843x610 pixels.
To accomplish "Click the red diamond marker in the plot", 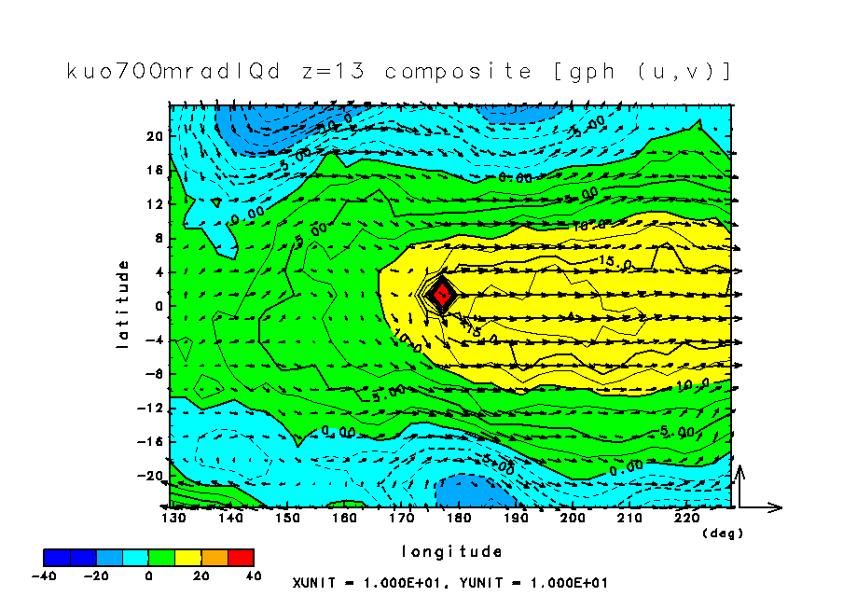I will coord(444,293).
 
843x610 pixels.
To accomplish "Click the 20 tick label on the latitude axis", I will coord(155,136).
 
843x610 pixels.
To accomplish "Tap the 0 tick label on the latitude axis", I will coord(159,306).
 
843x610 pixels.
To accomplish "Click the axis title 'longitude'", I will coord(452,551).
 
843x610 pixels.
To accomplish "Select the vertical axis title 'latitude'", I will coord(122,305).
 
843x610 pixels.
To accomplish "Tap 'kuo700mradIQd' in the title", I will coord(173,72).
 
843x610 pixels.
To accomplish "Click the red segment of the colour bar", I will coord(240,558).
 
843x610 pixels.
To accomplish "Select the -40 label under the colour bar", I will coord(44,575).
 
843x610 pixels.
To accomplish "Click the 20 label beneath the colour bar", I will coord(200,575).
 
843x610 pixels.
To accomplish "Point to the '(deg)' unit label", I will coord(722,533).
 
